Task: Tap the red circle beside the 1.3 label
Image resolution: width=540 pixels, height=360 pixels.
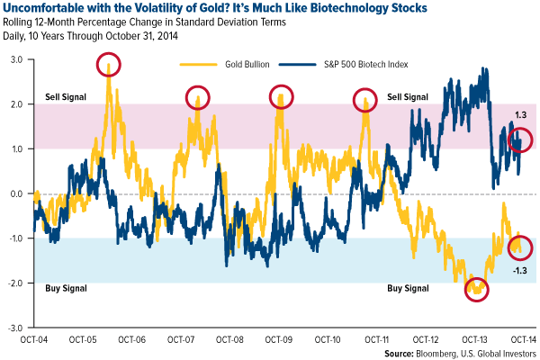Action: point(520,139)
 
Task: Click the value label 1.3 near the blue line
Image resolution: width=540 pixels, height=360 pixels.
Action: point(519,115)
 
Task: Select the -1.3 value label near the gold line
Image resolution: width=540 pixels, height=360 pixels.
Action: point(519,271)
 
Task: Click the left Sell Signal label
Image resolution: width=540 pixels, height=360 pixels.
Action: point(64,96)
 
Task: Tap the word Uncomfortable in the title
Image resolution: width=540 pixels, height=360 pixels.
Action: point(42,8)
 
